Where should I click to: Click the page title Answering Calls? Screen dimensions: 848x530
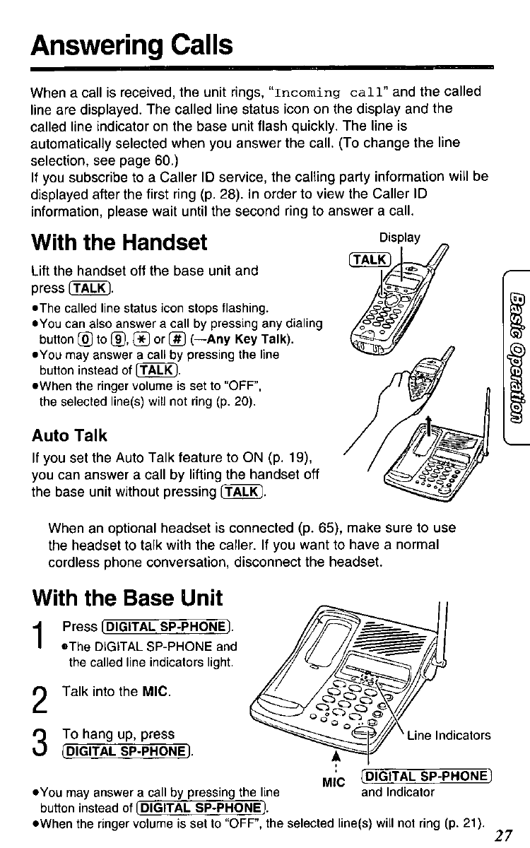[132, 45]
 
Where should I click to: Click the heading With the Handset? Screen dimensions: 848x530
[120, 243]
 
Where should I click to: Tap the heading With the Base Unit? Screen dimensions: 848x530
[128, 598]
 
